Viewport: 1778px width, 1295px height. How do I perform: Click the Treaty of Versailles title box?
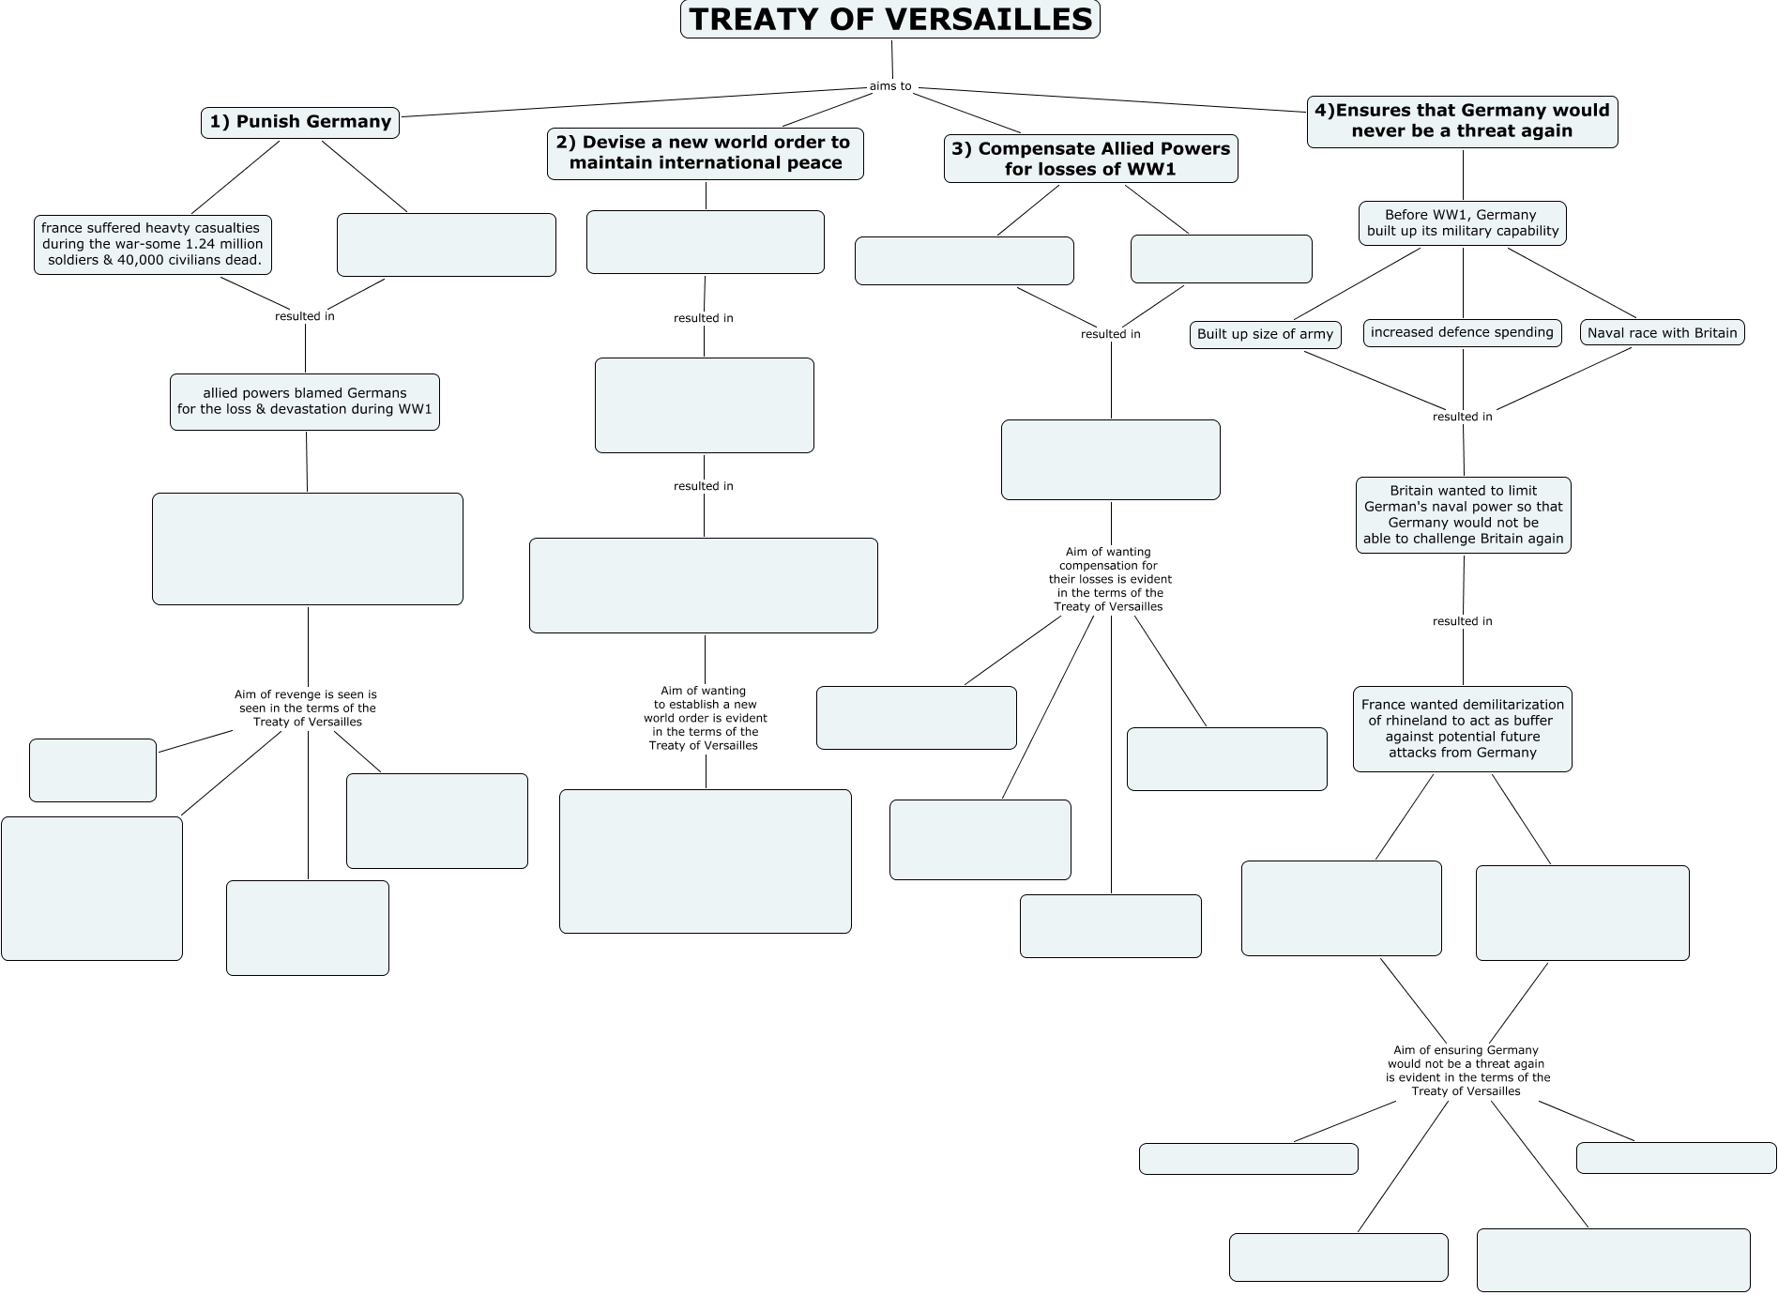click(x=889, y=20)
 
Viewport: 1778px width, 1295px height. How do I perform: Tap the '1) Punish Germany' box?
click(x=299, y=122)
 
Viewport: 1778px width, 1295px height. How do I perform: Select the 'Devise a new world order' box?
click(x=705, y=153)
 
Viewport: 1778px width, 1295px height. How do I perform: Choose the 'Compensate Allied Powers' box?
click(x=1090, y=159)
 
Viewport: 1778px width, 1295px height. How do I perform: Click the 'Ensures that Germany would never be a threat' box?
click(x=1462, y=121)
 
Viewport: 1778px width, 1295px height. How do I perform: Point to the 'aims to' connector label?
click(x=890, y=86)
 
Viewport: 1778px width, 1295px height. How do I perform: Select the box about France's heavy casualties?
click(x=153, y=244)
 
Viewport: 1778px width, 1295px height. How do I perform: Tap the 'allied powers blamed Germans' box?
click(x=304, y=402)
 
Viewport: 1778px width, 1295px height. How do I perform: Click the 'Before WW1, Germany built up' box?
click(x=1462, y=223)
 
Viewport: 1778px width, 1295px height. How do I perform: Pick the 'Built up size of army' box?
click(x=1265, y=334)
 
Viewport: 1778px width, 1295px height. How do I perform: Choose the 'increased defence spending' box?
click(x=1462, y=332)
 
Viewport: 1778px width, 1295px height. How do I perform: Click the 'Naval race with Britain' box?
click(x=1662, y=333)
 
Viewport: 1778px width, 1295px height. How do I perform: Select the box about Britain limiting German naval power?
click(x=1463, y=515)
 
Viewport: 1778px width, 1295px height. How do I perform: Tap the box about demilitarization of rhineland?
click(x=1462, y=729)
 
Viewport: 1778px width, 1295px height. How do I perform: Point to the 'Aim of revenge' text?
click(x=306, y=708)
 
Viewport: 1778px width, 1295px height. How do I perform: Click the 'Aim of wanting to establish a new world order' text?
click(x=705, y=718)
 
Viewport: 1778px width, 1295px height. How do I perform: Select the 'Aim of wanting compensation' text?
click(x=1109, y=579)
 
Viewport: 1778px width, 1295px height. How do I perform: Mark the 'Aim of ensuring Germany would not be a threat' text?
click(x=1466, y=1071)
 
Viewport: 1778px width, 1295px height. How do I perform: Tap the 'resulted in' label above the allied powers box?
click(x=304, y=316)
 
